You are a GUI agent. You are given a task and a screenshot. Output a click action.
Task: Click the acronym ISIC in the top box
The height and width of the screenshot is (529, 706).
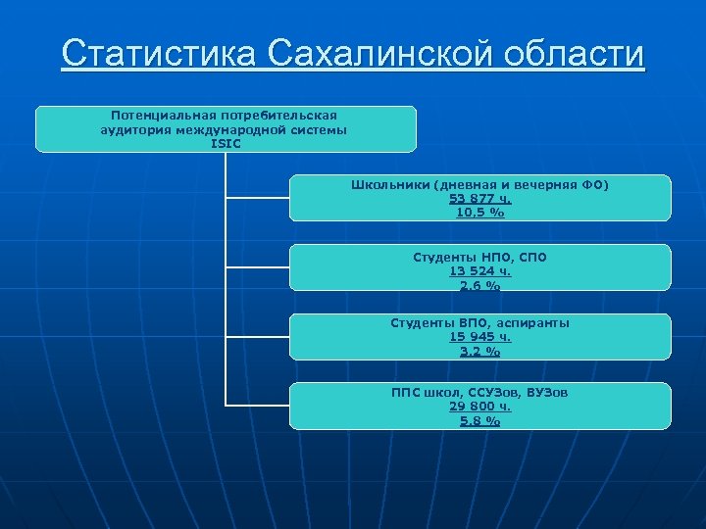tap(225, 143)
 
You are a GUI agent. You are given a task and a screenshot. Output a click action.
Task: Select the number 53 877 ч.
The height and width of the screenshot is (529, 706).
tap(479, 198)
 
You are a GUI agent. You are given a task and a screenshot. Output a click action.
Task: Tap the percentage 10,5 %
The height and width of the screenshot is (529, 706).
tap(479, 212)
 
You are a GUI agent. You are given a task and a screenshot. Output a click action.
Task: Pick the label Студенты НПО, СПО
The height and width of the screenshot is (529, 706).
tap(479, 257)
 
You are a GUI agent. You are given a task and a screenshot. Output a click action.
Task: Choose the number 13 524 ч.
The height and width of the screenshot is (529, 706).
tap(479, 271)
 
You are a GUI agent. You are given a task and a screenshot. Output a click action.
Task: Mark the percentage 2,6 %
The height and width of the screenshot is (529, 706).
tap(479, 286)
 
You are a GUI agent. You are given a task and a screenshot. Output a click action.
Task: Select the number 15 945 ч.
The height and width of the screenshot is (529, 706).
tap(479, 337)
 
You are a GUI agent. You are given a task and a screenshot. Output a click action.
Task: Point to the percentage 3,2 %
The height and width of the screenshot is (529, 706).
tap(479, 352)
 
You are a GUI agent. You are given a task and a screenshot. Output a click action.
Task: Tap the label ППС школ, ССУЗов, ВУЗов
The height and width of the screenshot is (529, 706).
tap(479, 391)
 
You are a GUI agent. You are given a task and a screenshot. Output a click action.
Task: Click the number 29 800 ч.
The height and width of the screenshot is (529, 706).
tap(479, 406)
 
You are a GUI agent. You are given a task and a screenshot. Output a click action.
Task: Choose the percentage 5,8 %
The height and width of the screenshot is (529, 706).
tap(479, 421)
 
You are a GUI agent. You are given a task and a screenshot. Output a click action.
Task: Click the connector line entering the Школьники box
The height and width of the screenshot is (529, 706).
tap(257, 198)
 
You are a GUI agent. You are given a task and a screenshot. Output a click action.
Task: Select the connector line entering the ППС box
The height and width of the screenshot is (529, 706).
tap(257, 405)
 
